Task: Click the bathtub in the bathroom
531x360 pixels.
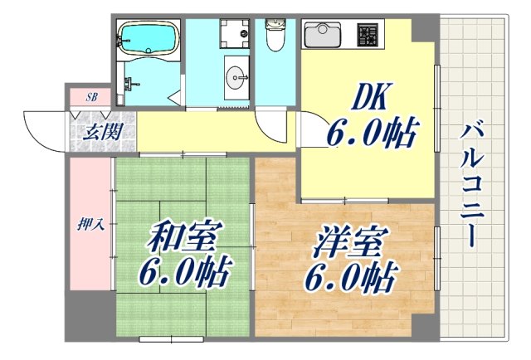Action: coord(146,36)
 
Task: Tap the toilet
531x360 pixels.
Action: coord(273,34)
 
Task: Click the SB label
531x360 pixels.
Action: coord(92,97)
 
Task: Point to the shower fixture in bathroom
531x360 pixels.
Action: coord(129,83)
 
